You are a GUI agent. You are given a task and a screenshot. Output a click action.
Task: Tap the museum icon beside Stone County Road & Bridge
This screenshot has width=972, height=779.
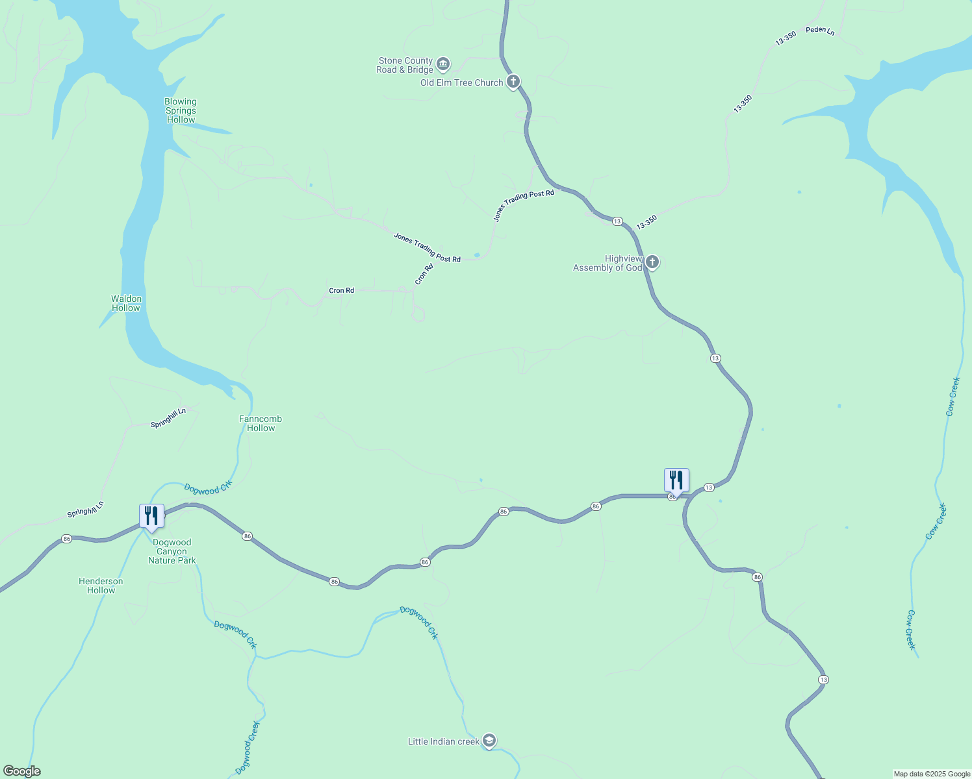click(443, 64)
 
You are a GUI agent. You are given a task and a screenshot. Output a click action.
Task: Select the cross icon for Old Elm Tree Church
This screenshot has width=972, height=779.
click(513, 82)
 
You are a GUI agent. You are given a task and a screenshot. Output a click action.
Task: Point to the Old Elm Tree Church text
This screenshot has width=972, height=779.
click(461, 83)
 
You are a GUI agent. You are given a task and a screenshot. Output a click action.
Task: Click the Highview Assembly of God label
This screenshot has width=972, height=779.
click(607, 264)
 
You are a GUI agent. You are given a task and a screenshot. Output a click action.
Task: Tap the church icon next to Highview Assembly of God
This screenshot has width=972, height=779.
click(652, 262)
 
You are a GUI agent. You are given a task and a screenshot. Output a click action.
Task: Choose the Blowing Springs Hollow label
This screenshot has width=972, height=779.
click(181, 111)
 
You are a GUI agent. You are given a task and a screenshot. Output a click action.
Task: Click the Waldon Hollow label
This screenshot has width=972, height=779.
click(126, 304)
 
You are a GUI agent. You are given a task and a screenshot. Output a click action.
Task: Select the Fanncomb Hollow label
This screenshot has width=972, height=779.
click(261, 424)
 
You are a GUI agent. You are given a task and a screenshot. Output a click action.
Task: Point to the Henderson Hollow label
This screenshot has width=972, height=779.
click(101, 586)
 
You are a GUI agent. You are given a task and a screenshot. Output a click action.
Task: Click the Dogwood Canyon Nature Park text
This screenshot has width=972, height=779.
click(172, 552)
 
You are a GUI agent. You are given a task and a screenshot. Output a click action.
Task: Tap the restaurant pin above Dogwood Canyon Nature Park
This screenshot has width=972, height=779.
click(151, 516)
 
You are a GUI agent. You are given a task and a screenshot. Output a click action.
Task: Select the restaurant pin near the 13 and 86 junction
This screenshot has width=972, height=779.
click(676, 480)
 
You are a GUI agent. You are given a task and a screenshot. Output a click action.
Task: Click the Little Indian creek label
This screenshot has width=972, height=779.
click(443, 742)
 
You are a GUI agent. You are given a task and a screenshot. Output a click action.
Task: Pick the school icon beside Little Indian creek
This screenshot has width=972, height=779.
click(489, 741)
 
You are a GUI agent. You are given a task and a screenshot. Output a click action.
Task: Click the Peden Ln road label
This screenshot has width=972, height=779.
click(820, 31)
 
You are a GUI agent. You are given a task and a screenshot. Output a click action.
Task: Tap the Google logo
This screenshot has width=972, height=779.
click(22, 771)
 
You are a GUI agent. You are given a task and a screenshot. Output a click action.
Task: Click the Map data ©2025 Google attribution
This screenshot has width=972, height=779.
click(932, 774)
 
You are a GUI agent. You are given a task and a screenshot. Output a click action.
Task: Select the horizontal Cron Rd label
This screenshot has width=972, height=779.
click(341, 291)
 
